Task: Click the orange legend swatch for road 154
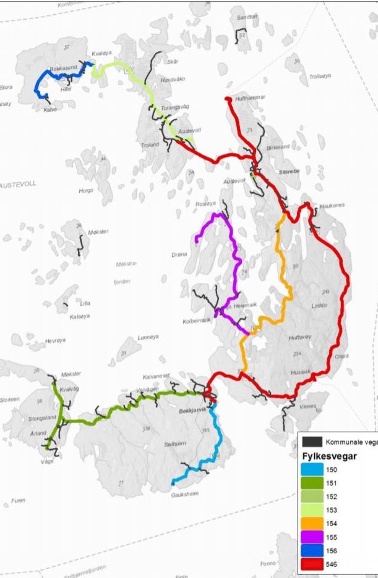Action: tap(313, 523)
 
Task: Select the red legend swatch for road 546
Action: tap(313, 564)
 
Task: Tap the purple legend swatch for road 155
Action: tap(313, 537)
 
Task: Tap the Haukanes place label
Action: tap(332, 205)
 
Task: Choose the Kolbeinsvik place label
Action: tap(197, 322)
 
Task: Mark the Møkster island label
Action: tap(97, 232)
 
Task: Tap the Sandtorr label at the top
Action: tap(246, 17)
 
